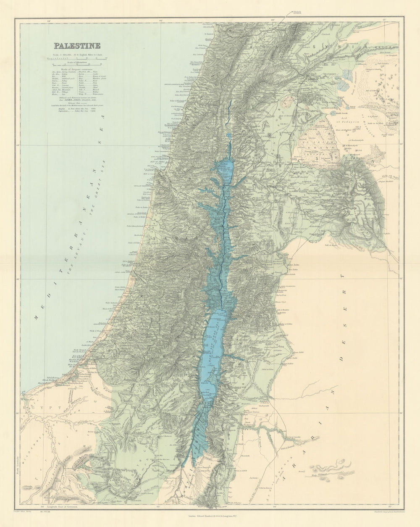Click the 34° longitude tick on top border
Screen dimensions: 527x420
pyautogui.click(x=48, y=20)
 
